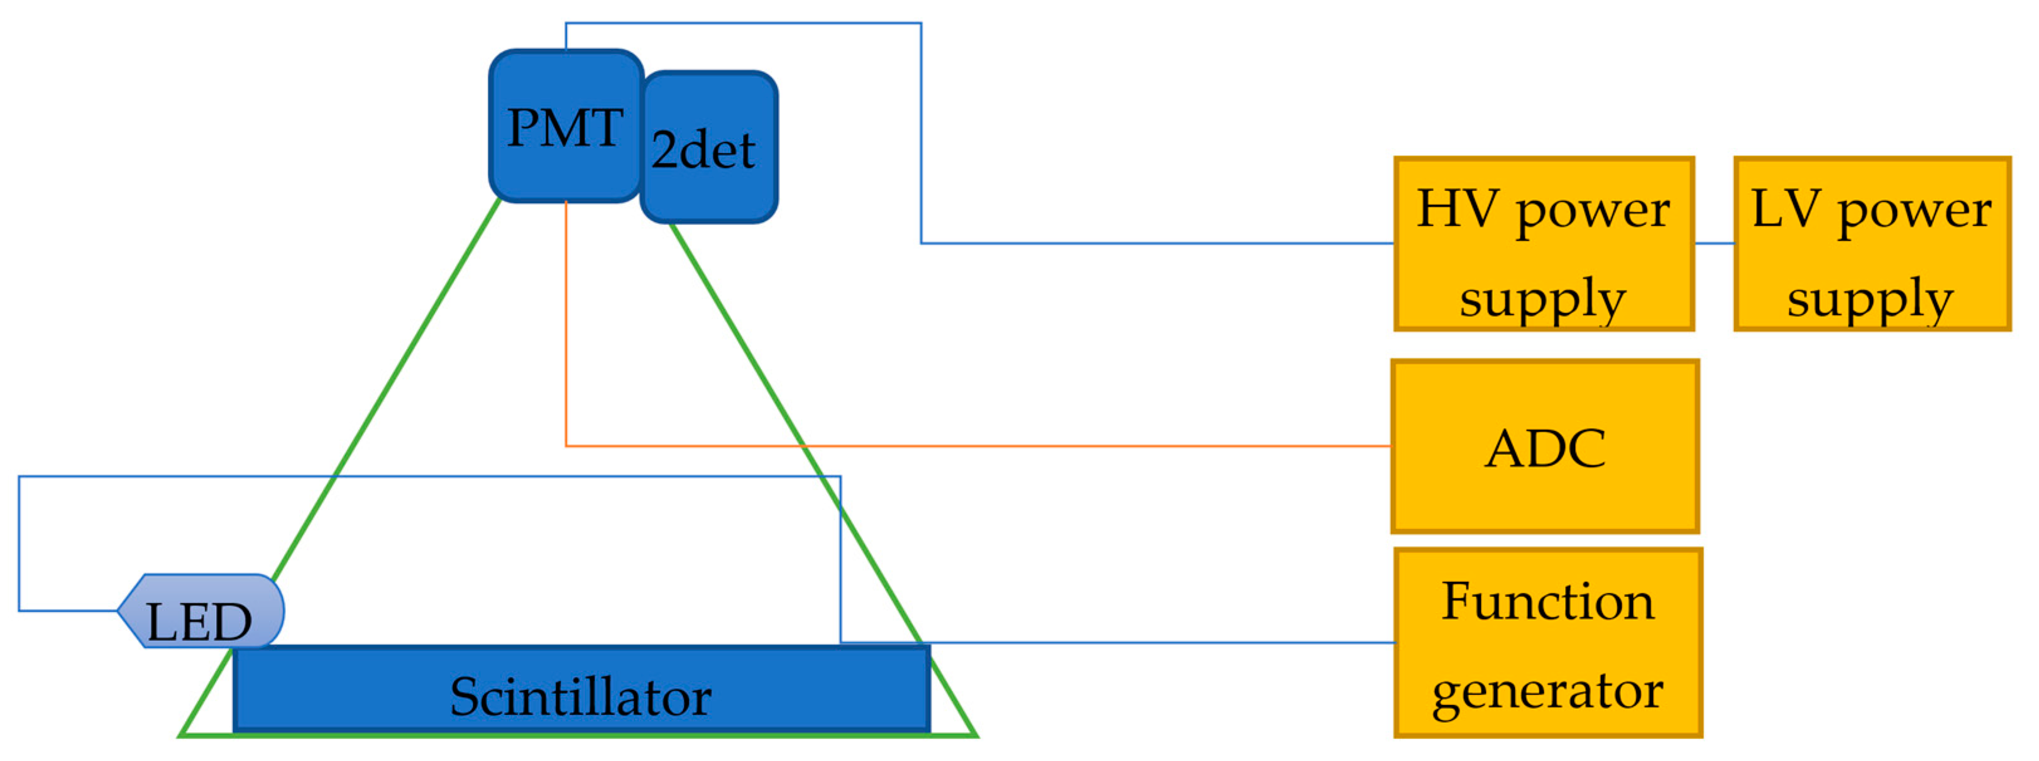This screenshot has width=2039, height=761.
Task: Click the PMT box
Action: (x=565, y=126)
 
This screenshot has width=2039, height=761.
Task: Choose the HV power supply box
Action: (x=1544, y=244)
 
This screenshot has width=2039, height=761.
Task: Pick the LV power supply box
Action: (x=1872, y=244)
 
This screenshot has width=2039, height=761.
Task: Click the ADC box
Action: (x=1545, y=447)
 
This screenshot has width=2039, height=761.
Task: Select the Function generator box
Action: (x=1548, y=643)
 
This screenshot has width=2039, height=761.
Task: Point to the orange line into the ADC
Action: (x=1029, y=446)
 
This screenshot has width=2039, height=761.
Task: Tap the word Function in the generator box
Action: (x=1547, y=602)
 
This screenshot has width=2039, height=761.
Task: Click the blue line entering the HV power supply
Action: (x=1187, y=243)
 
